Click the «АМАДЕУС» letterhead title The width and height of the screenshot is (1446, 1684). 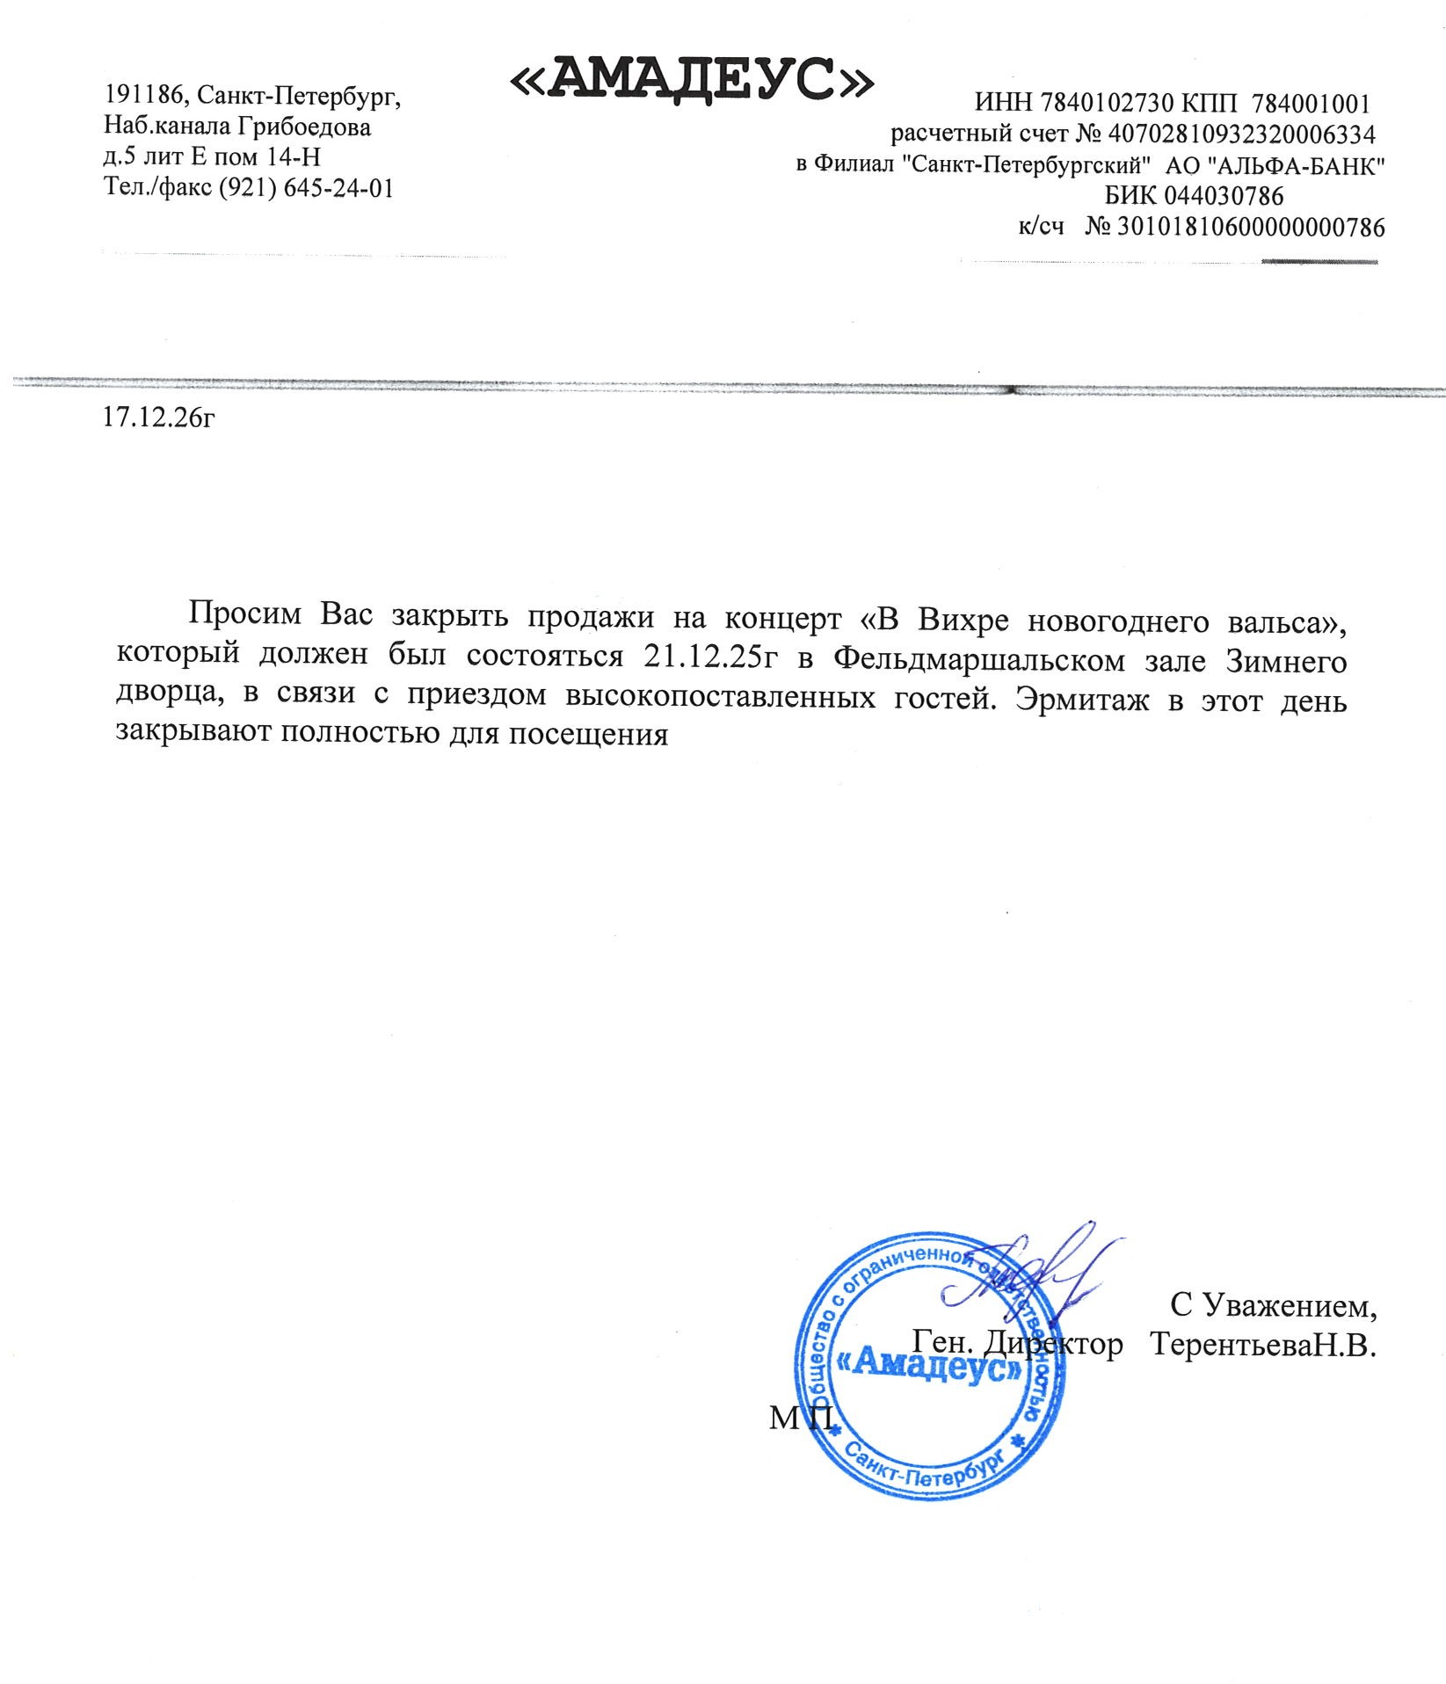click(692, 81)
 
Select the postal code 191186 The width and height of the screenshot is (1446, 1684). click(141, 95)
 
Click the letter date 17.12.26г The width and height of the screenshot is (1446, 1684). click(159, 417)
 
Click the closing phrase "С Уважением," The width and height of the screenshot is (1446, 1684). click(1273, 1305)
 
